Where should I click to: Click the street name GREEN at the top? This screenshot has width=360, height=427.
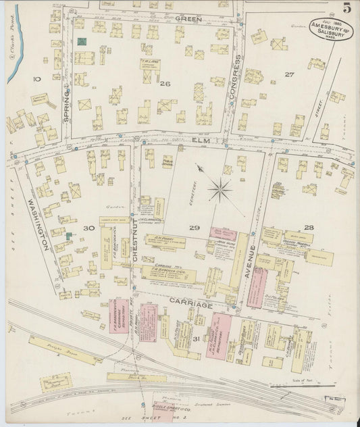(x=188, y=19)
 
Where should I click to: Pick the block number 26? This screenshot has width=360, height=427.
(x=164, y=84)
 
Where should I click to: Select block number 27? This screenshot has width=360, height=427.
(x=289, y=74)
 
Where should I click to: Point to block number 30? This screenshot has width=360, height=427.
(x=88, y=228)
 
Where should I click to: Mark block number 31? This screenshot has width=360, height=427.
(x=196, y=338)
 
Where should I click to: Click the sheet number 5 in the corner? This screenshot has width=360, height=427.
(x=346, y=8)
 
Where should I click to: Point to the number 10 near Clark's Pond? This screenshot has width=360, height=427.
(x=36, y=79)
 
